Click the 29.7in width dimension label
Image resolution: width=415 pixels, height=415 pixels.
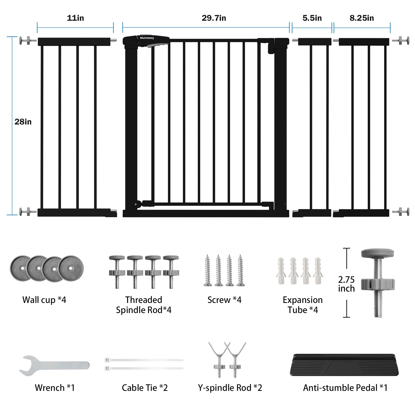click(x=214, y=18)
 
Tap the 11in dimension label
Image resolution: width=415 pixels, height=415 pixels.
click(x=75, y=18)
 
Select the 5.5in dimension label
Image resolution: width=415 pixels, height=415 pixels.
click(x=312, y=18)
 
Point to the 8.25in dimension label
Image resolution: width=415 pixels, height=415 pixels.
click(x=362, y=18)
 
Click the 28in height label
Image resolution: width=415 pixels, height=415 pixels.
click(x=23, y=122)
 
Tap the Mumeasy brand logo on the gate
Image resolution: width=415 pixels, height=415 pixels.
click(x=147, y=38)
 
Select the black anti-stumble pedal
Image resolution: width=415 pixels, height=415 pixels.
click(x=344, y=365)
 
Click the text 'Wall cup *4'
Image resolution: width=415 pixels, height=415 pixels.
click(x=44, y=300)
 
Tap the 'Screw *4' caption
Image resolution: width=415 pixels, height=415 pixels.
click(x=224, y=300)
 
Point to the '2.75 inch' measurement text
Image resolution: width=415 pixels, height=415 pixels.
click(x=346, y=284)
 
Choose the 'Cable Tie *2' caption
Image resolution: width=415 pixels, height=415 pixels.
click(x=145, y=388)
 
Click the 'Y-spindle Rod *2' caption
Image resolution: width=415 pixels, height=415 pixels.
click(x=230, y=388)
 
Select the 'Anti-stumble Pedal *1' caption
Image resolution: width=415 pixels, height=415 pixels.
click(x=345, y=388)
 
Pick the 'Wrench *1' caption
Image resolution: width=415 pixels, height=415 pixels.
click(x=55, y=388)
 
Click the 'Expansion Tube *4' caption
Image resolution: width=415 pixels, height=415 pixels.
click(x=303, y=305)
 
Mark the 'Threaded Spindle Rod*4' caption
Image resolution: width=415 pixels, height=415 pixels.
click(x=144, y=305)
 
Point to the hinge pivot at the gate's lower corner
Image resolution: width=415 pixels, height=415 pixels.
click(x=137, y=204)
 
